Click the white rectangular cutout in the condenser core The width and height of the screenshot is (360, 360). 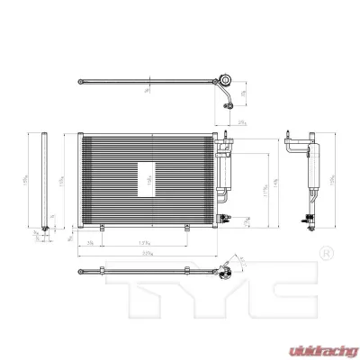click(x=148, y=178)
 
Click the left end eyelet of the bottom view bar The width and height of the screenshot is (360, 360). click(x=82, y=268)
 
